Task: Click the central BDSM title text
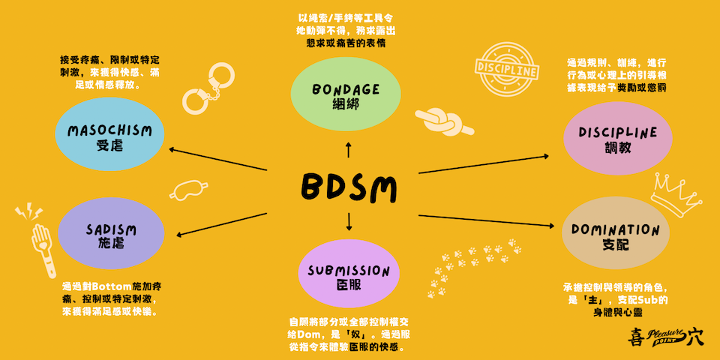348,188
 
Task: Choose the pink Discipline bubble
617,138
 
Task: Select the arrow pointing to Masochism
217,159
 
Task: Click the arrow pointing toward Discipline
484,164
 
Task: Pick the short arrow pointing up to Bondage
348,150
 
